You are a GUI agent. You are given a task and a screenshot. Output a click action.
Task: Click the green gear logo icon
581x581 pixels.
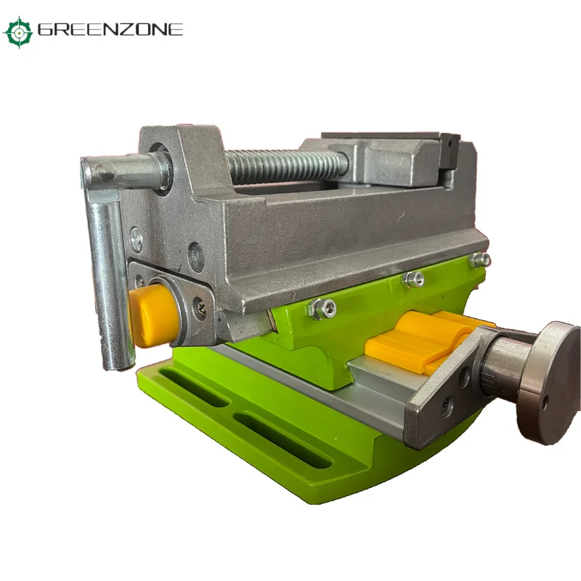point(17,32)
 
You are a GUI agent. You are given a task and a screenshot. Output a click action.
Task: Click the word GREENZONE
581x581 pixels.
point(110,30)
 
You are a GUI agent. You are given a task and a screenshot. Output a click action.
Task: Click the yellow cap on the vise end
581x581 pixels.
point(153,315)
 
